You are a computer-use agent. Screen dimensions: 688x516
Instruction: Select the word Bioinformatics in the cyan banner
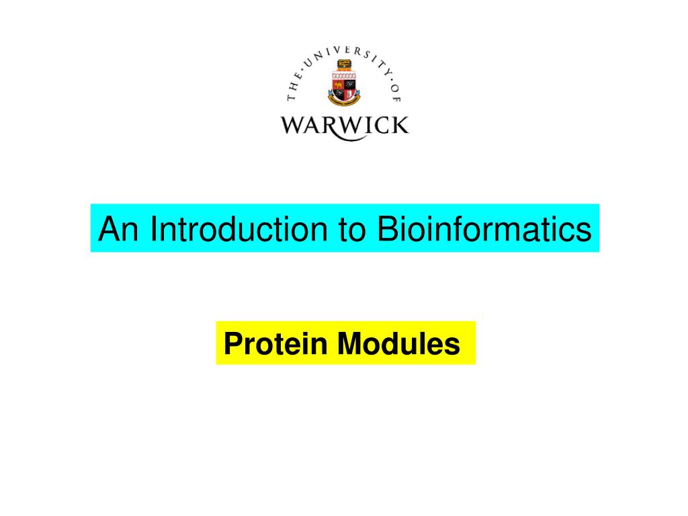(484, 228)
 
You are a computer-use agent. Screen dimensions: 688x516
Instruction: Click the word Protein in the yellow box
(275, 343)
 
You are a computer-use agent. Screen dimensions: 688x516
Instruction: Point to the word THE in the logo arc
(294, 87)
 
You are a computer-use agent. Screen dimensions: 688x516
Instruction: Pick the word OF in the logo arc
(396, 93)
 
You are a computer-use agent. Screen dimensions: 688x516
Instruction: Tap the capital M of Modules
(349, 343)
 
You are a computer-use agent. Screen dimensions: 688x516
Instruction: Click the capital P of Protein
(233, 343)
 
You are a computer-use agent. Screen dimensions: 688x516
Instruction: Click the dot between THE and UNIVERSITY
(302, 69)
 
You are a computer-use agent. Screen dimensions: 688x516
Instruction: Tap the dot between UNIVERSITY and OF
(391, 79)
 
